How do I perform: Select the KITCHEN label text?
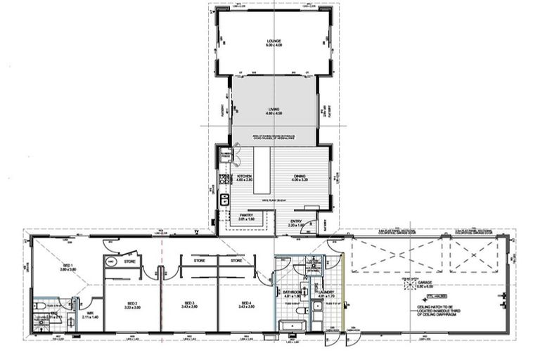[244, 177]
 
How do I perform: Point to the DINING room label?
[300, 177]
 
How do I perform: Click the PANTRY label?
[246, 217]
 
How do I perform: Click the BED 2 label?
[131, 306]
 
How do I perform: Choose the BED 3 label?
[189, 306]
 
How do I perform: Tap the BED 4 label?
[245, 306]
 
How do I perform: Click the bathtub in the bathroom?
[290, 326]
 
